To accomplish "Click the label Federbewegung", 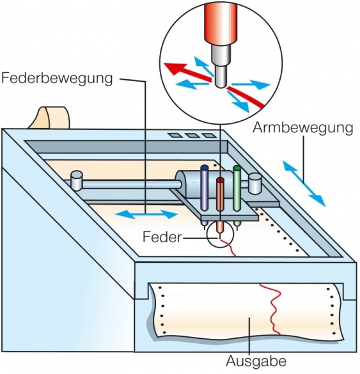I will (58, 79).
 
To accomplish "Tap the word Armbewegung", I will (303, 127).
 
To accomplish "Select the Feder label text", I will (162, 237).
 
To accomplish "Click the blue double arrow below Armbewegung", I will (304, 183).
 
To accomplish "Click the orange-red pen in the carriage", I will (220, 198).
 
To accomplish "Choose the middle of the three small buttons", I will (191, 136).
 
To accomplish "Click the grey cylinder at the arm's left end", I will (77, 180).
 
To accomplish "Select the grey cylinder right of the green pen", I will (255, 183).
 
